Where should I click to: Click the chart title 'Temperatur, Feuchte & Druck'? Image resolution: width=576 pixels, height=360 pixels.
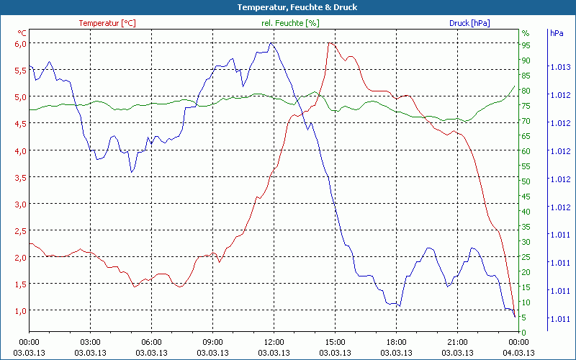287,7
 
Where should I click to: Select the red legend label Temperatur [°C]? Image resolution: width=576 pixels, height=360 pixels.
107,23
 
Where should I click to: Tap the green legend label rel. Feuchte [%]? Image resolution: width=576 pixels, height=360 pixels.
289,23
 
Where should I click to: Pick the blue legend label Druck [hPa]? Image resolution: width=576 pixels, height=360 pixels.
469,23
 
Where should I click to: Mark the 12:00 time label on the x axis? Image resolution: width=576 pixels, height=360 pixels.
274,342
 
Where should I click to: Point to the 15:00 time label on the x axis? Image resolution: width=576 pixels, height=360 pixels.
335,342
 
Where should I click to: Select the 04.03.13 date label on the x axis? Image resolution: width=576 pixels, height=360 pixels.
518,353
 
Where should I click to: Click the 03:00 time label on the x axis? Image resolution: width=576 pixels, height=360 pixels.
90,342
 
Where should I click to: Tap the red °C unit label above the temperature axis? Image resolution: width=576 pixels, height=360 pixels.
22,33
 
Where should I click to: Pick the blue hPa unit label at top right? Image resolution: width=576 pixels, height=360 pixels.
557,33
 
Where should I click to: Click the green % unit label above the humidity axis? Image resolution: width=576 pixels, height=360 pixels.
526,33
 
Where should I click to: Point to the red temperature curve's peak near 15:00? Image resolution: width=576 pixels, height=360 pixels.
330,43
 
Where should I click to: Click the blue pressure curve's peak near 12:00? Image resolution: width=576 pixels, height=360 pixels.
271,43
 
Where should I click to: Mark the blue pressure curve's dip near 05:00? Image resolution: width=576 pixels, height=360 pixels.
132,171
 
